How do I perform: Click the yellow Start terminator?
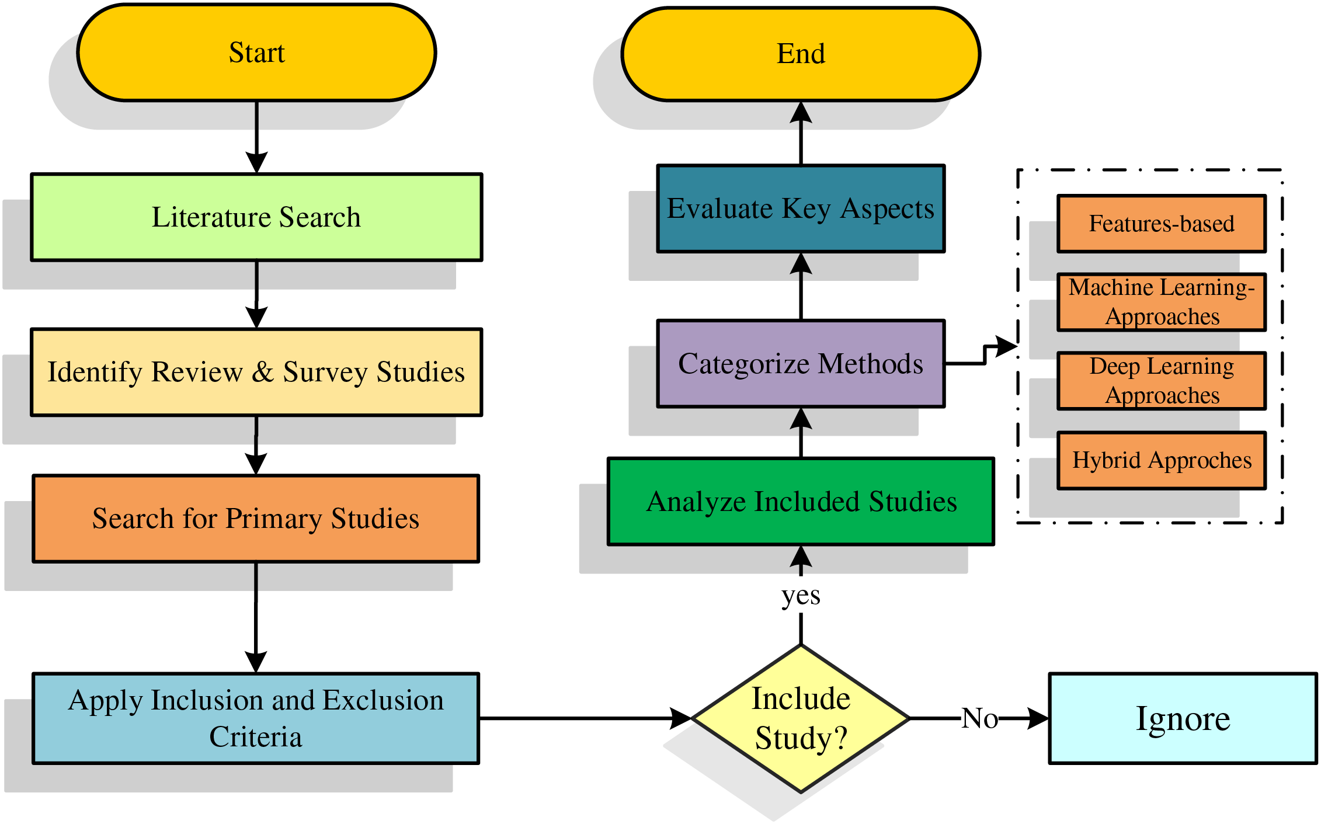point(256,53)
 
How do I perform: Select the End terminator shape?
point(801,54)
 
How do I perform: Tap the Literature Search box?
point(256,217)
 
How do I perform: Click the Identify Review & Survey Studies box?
point(256,372)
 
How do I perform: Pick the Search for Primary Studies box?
point(256,519)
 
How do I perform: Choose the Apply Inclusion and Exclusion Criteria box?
point(256,718)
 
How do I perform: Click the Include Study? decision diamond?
point(801,718)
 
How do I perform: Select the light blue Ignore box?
point(1183,718)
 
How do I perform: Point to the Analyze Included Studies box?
point(801,502)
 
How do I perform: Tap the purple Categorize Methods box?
point(801,363)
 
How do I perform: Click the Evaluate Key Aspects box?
point(801,208)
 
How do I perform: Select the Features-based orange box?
point(1162,224)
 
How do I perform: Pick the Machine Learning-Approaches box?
point(1162,302)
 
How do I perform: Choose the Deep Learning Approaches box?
point(1162,381)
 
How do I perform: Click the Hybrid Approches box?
point(1162,460)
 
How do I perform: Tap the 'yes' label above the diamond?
point(801,596)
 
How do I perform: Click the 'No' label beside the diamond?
point(980,718)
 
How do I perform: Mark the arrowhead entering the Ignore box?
point(1038,718)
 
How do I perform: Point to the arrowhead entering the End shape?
point(801,112)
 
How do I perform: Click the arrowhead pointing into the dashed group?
point(1006,346)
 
